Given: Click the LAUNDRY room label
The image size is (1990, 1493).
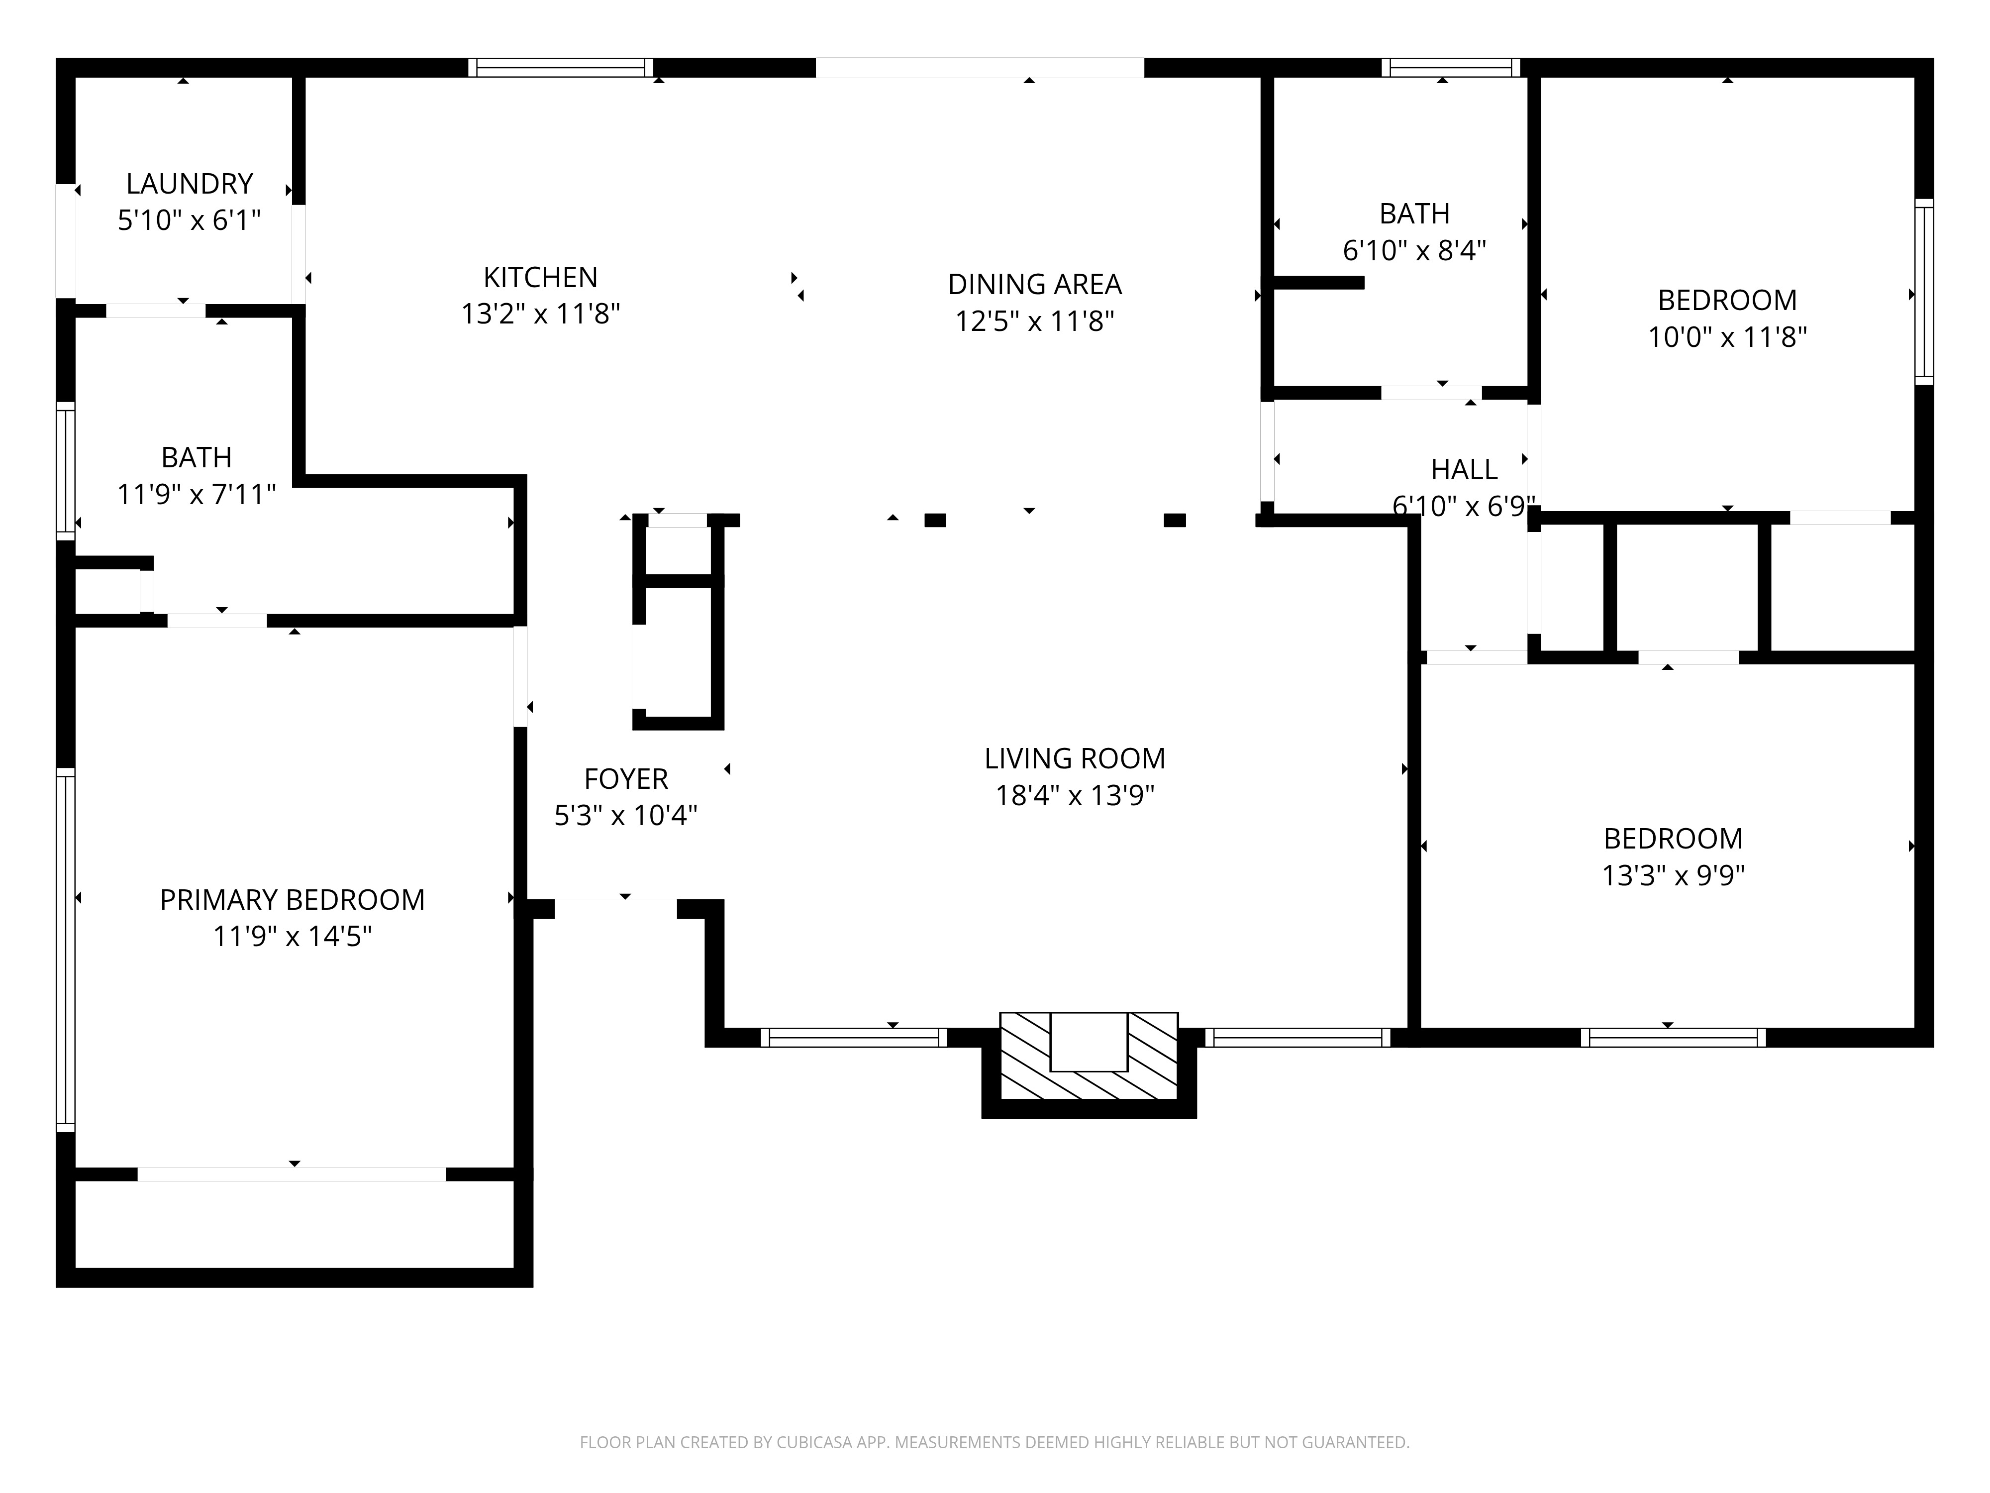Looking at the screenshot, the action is (189, 184).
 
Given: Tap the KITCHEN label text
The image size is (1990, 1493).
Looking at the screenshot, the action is (541, 277).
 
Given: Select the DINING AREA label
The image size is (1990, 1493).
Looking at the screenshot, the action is (1035, 284).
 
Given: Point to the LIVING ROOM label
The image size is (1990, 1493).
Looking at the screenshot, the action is (1075, 758).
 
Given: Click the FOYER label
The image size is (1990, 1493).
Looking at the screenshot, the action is (626, 778).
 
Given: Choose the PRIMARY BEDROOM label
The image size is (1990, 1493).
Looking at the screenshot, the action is (293, 900).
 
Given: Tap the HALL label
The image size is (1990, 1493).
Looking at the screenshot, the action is (1465, 470).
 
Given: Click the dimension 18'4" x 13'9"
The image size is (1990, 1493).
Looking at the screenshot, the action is (1075, 796).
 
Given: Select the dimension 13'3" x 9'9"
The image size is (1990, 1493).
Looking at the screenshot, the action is (1673, 875).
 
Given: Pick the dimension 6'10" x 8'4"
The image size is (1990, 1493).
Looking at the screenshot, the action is (1414, 250).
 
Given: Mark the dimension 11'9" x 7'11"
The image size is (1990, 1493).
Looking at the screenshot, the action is (196, 494).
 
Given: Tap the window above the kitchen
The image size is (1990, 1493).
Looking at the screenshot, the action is (561, 68).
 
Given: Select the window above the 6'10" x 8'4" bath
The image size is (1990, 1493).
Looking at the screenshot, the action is (1450, 68).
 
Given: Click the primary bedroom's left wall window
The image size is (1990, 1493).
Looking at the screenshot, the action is (66, 950).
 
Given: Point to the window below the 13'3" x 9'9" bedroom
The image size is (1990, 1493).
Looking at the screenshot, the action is (1673, 1038).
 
